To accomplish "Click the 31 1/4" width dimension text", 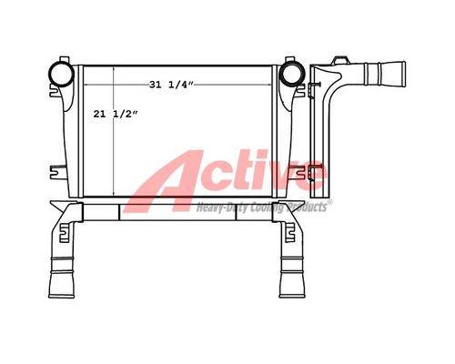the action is pyautogui.click(x=171, y=85).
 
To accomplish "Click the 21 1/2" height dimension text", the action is pyautogui.click(x=116, y=114).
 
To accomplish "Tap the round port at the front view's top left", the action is pyautogui.click(x=61, y=74).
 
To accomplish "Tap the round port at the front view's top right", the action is pyautogui.click(x=291, y=74).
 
